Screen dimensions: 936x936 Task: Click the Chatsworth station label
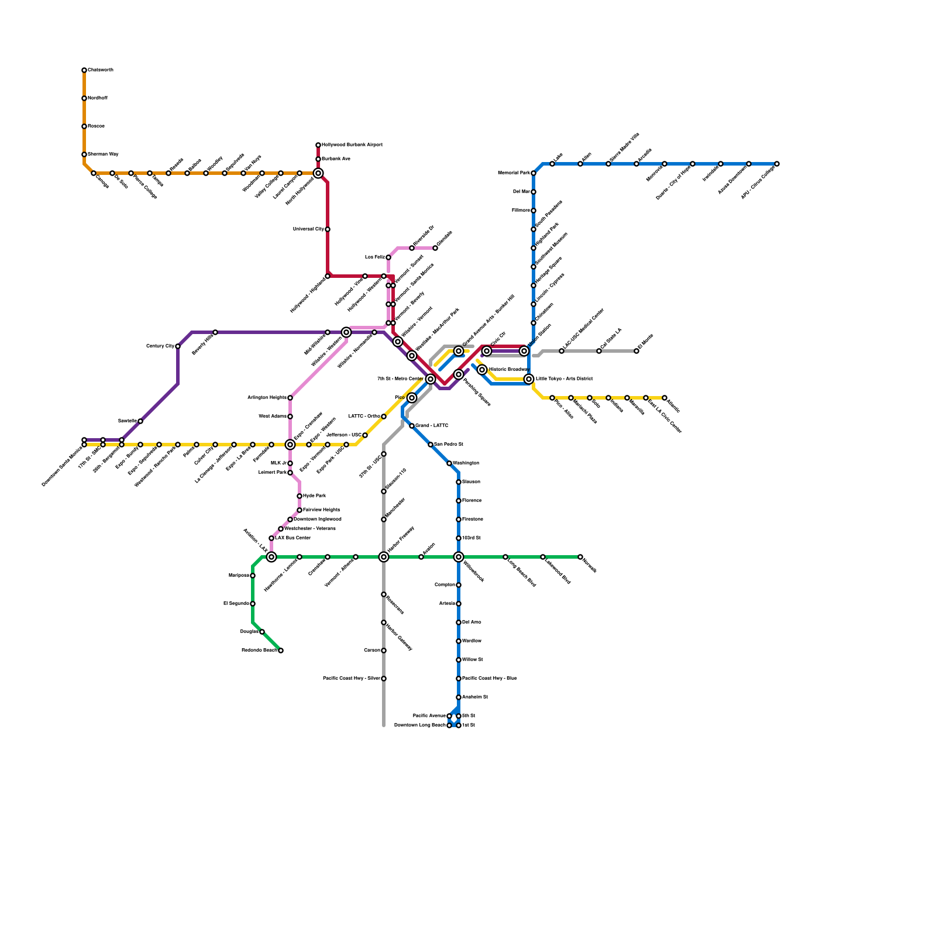[x=101, y=70]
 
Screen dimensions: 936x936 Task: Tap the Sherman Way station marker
[x=84, y=154]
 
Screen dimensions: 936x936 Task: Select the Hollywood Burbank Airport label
[x=352, y=144]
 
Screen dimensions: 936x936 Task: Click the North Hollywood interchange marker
[x=318, y=173]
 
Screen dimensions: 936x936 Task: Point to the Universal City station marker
[x=328, y=229]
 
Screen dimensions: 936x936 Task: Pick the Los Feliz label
[x=375, y=257]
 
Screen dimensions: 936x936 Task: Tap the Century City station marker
[x=178, y=346]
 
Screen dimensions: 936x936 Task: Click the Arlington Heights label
[x=267, y=398]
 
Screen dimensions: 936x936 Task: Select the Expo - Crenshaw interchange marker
[x=290, y=445]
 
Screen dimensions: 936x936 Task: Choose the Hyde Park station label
[x=314, y=496]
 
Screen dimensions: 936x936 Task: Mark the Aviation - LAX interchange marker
[x=271, y=557]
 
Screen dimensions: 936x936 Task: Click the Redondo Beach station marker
[x=281, y=651]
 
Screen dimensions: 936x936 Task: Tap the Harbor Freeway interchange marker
[x=384, y=557]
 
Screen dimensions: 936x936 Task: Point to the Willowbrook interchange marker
[x=459, y=557]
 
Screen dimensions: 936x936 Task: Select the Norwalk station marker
[x=580, y=557]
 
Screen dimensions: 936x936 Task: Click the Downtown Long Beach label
[x=420, y=725]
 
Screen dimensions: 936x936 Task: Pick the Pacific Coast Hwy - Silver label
[x=351, y=679]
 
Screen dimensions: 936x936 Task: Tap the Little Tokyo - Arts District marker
[x=529, y=379]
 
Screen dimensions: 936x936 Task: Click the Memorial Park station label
[x=514, y=173]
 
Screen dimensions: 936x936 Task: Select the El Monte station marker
[x=636, y=351]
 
